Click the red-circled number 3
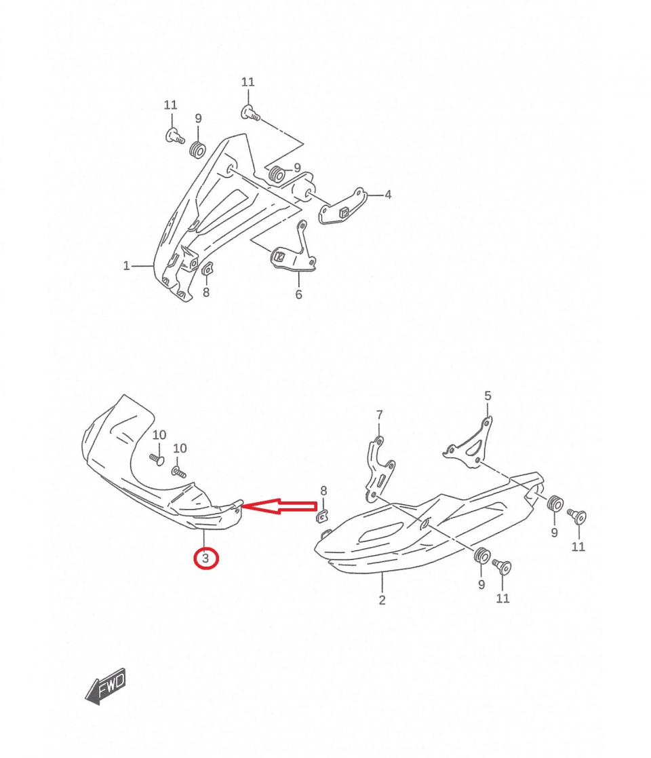205,558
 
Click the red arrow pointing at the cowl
279,506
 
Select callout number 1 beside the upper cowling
127,266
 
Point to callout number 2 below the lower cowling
382,600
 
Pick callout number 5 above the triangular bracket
488,396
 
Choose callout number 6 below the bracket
299,295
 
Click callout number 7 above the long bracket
380,415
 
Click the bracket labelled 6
294,251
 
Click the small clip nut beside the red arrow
321,516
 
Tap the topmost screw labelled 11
250,113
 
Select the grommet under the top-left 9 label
197,150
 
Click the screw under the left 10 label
157,458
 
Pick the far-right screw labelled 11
577,516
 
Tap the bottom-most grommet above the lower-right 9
482,557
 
